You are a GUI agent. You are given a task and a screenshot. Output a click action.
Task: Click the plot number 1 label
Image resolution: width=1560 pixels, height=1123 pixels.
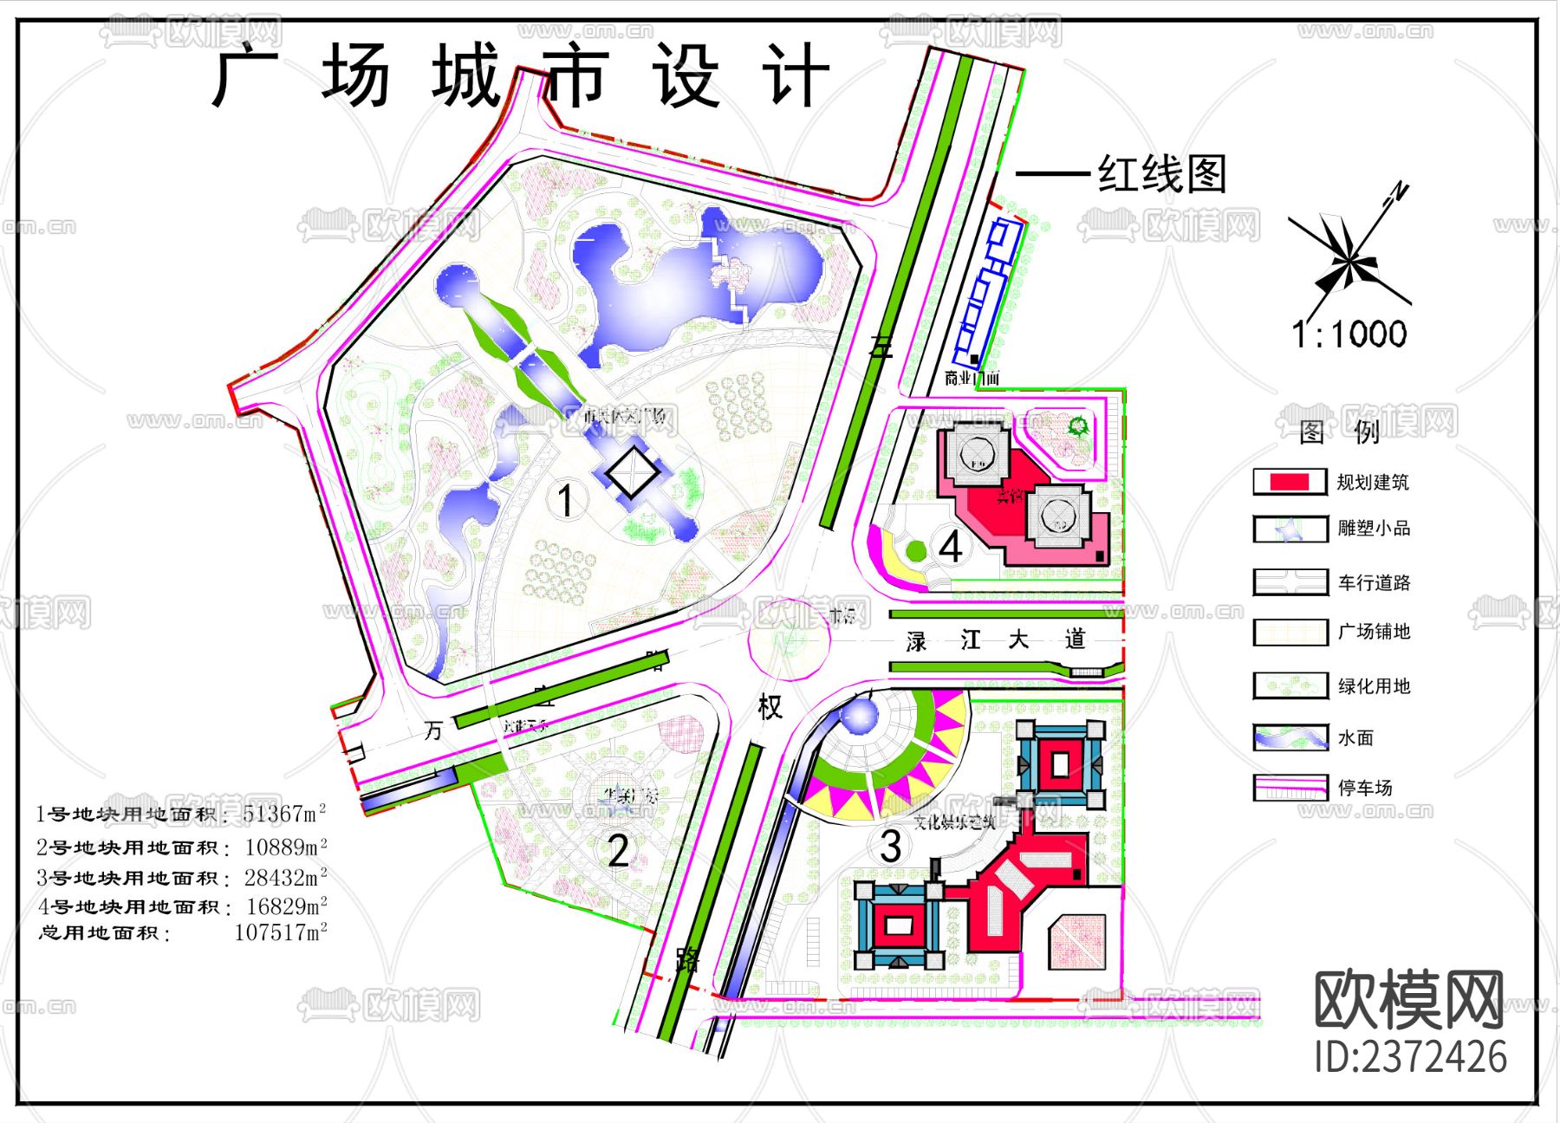point(565,501)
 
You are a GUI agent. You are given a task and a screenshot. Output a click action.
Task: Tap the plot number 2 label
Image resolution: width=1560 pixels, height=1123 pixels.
point(618,850)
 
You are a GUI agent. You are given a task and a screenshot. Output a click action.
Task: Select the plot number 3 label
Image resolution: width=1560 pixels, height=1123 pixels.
point(891,846)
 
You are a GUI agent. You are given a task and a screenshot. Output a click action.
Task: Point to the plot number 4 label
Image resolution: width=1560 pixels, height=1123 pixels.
point(951,547)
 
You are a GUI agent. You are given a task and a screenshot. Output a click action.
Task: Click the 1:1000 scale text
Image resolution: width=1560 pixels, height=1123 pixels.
point(1349,334)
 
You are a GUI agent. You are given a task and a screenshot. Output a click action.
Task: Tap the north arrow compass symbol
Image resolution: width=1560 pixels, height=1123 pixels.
point(1348,258)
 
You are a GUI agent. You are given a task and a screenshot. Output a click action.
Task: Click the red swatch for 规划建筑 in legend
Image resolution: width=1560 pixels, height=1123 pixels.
point(1289,482)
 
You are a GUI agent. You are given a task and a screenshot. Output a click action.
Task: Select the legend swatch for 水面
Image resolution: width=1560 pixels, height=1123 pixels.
point(1290,737)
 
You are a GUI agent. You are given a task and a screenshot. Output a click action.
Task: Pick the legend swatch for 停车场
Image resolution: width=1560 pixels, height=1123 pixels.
point(1290,788)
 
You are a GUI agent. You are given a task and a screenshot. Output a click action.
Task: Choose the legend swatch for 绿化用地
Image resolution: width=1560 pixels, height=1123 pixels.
point(1290,685)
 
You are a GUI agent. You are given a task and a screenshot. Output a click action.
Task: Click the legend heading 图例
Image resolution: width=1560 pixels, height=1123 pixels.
point(1339,431)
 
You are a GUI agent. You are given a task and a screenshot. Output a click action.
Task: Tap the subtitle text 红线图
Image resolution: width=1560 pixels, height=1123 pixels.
point(1162,174)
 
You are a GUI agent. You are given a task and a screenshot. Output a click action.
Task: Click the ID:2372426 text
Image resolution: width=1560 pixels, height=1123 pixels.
point(1410,1056)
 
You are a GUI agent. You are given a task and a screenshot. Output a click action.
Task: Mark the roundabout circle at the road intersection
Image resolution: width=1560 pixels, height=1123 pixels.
point(789,640)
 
